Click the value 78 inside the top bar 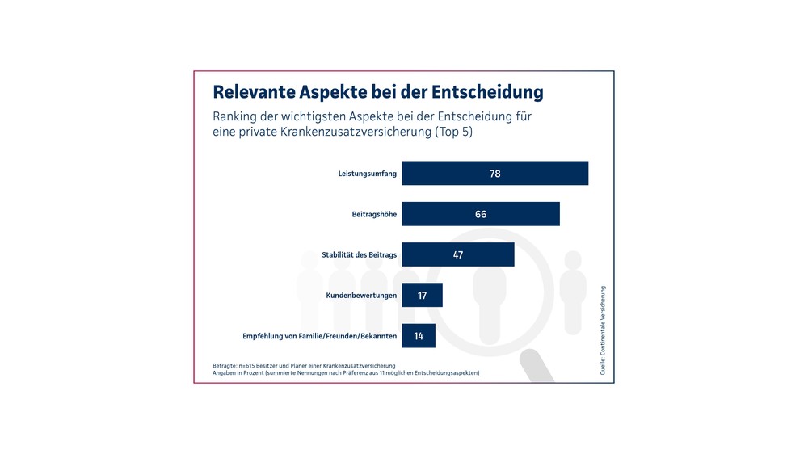494,174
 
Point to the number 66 481,214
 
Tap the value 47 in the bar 458,254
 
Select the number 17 422,296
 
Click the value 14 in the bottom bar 419,336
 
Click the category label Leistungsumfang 367,174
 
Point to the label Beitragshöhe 374,214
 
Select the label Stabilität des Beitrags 359,255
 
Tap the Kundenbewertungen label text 361,296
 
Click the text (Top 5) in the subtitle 453,132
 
